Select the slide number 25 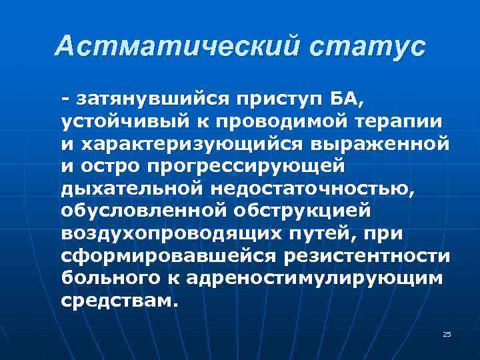click(447, 334)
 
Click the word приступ click(277, 100)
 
